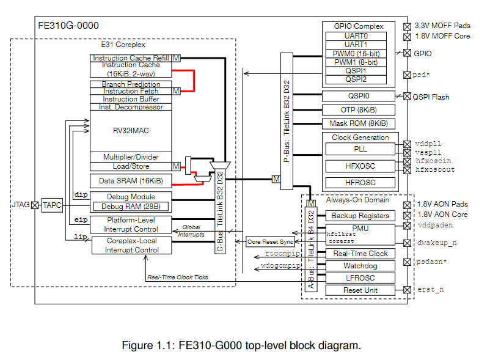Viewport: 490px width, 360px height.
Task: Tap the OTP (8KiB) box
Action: pyautogui.click(x=359, y=110)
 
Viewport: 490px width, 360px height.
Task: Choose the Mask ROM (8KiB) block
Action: pyautogui.click(x=359, y=123)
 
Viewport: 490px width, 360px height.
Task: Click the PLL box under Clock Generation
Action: pyautogui.click(x=360, y=150)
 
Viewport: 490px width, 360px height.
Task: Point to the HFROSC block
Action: pyautogui.click(x=360, y=182)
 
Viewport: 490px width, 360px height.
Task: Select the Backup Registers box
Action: pyautogui.click(x=360, y=216)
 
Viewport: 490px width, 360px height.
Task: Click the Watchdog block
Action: pyautogui.click(x=360, y=266)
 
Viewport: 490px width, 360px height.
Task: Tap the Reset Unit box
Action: pyautogui.click(x=360, y=290)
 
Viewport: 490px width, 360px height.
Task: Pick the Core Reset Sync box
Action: pyautogui.click(x=270, y=242)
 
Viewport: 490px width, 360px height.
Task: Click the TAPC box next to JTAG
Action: pyautogui.click(x=53, y=205)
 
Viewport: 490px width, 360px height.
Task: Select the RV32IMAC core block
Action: pyautogui.click(x=131, y=130)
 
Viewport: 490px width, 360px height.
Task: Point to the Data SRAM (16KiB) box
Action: pyautogui.click(x=131, y=181)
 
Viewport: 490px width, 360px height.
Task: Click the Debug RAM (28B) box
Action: pyautogui.click(x=131, y=205)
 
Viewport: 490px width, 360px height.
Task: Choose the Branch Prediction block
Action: pyautogui.click(x=131, y=84)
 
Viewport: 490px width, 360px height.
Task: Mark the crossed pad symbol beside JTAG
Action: pyautogui.click(x=35, y=205)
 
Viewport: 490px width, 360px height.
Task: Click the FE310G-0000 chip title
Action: pyautogui.click(x=68, y=26)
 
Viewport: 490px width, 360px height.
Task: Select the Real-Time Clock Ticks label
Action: pyautogui.click(x=177, y=277)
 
